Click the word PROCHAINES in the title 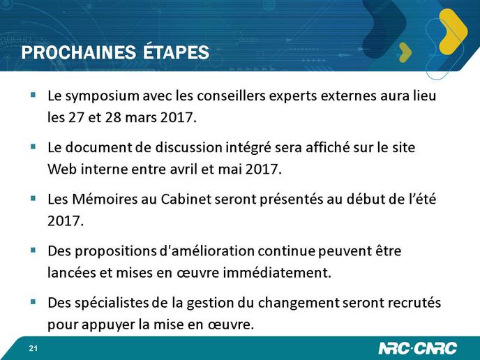point(79,52)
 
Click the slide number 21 point(33,348)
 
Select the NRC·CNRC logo point(417,348)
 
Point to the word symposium point(103,96)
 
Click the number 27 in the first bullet point(76,117)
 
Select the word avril point(183,169)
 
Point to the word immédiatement point(277,272)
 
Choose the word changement point(299,303)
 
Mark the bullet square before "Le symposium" point(33,95)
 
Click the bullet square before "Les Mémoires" point(33,198)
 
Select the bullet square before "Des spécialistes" point(33,302)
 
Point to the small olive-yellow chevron point(406,52)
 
